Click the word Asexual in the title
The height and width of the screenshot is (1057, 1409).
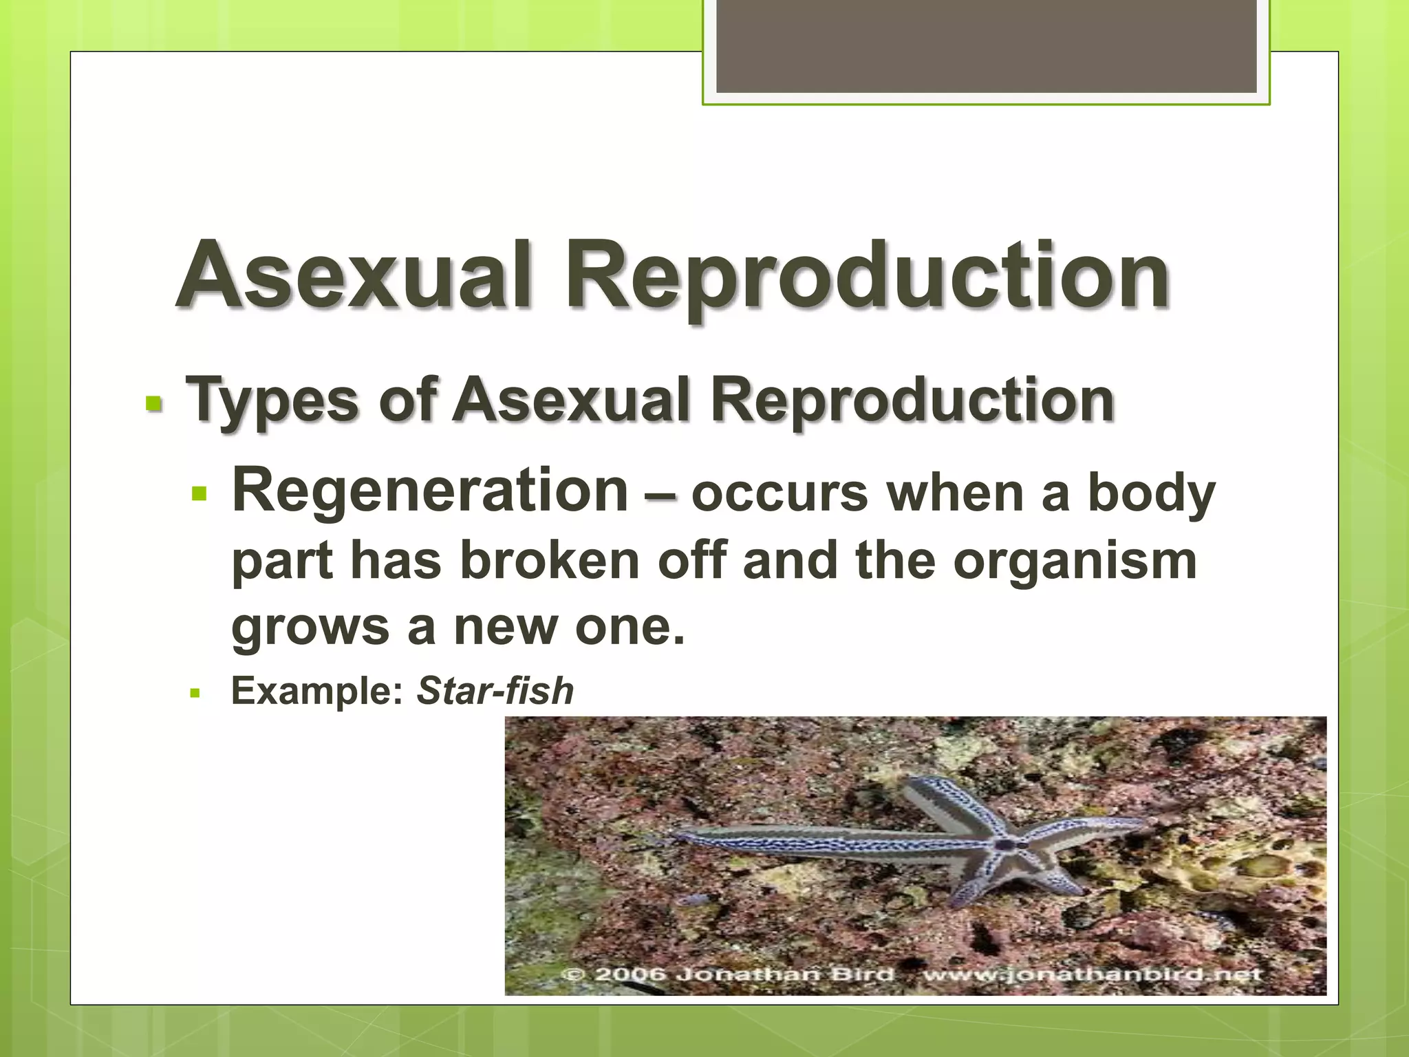pyautogui.click(x=354, y=275)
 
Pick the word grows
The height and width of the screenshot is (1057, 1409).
pyautogui.click(x=310, y=628)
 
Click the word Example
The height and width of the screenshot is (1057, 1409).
pyautogui.click(x=316, y=691)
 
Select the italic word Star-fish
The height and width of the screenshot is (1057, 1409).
pyautogui.click(x=495, y=691)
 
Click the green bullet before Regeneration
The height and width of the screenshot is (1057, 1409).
pyautogui.click(x=200, y=493)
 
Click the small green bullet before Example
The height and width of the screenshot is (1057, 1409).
pyautogui.click(x=195, y=693)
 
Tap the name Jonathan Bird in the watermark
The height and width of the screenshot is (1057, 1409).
pyautogui.click(x=784, y=974)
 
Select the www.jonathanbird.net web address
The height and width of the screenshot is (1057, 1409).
pyautogui.click(x=1091, y=974)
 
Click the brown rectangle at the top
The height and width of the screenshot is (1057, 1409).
pyautogui.click(x=986, y=46)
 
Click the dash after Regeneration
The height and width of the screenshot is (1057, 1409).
pyautogui.click(x=660, y=494)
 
